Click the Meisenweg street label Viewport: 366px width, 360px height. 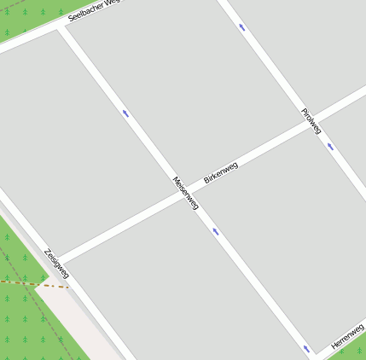tap(186, 194)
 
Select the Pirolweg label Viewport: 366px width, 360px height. tap(311, 120)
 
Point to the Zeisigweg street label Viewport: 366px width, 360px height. tap(57, 263)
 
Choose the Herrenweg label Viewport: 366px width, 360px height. tap(347, 334)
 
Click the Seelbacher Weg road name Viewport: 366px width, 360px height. tap(96, 9)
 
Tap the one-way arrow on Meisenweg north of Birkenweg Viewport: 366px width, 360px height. tap(125, 113)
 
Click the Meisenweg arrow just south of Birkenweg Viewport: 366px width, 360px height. tap(216, 230)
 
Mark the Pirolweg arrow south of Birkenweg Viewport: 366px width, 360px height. tap(330, 145)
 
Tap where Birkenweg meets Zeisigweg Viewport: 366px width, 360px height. tap(60, 258)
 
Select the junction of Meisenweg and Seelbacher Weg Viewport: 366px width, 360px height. tap(60, 29)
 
